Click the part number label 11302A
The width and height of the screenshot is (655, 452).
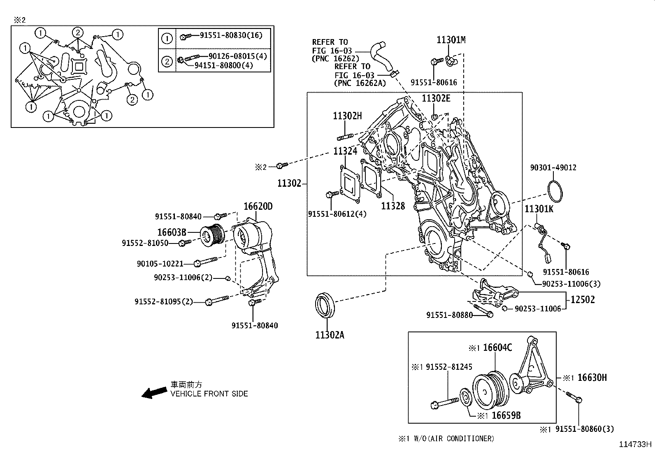[x=330, y=335]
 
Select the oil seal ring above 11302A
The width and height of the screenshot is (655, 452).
[x=325, y=305]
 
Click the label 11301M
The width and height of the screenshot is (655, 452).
[x=451, y=40]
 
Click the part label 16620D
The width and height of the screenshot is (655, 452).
[x=258, y=206]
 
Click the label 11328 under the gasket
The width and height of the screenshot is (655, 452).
[x=393, y=206]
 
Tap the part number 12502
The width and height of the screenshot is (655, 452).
[x=582, y=299]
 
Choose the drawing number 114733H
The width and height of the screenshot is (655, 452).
[x=636, y=444]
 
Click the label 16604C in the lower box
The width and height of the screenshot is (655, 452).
[x=497, y=348]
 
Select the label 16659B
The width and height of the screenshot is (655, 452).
[x=506, y=415]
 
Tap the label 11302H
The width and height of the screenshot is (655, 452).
[x=347, y=116]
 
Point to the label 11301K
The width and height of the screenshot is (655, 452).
[x=539, y=209]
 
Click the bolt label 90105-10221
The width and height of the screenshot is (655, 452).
[x=160, y=264]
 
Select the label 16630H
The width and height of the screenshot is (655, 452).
[x=592, y=377]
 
